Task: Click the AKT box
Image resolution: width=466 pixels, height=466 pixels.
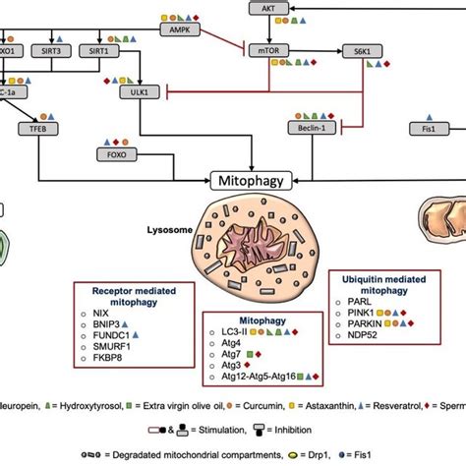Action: point(269,8)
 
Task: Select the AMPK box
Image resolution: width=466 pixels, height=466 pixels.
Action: point(180,30)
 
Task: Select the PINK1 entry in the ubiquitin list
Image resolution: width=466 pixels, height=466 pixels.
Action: point(361,309)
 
